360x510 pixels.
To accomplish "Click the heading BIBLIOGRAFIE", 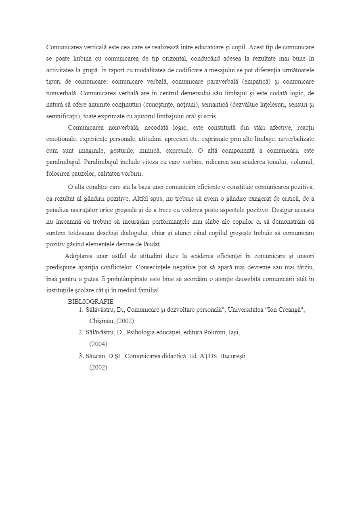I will pyautogui.click(x=90, y=301).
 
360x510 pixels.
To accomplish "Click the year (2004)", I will pyautogui.click(x=98, y=344).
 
